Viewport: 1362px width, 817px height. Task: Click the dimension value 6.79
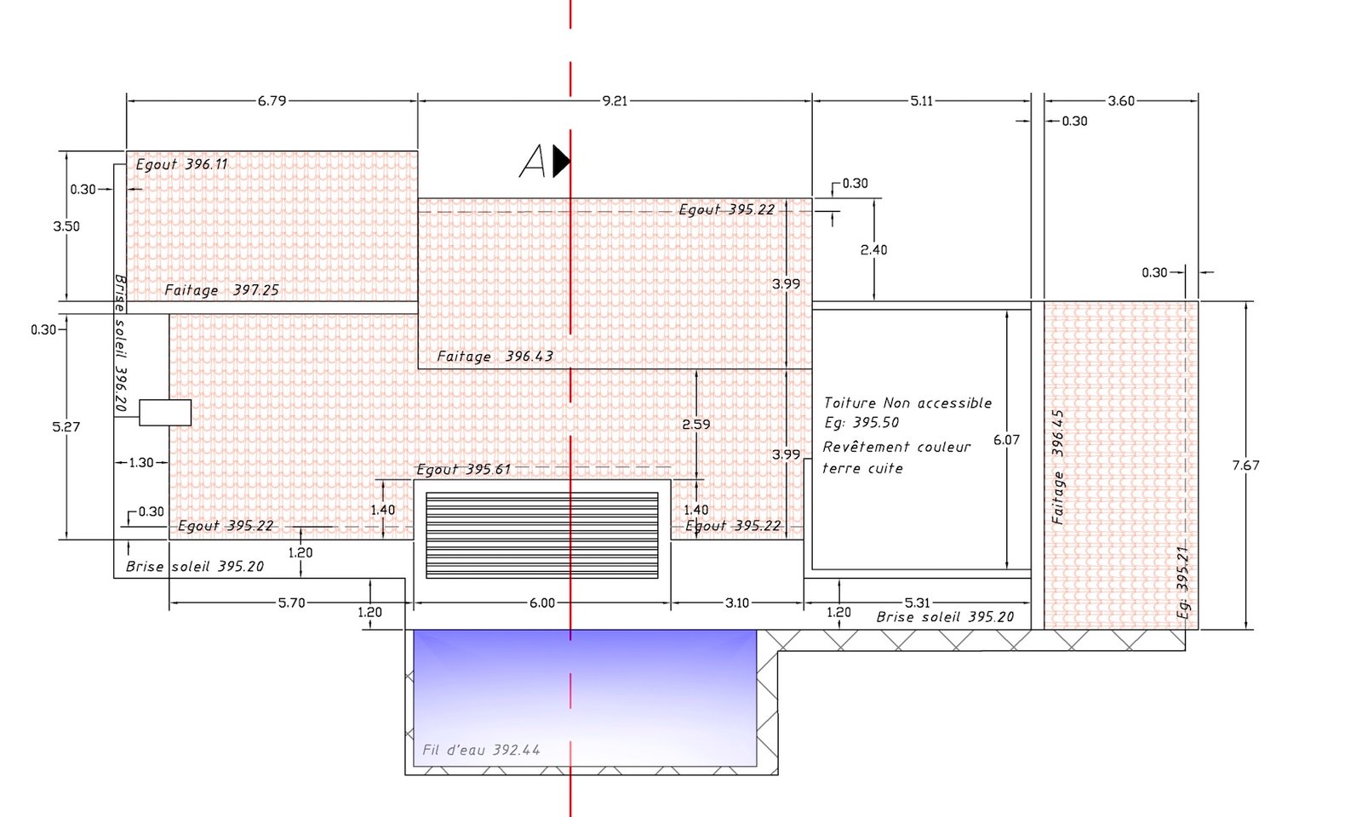pyautogui.click(x=272, y=101)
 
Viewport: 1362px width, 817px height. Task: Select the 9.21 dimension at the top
pyautogui.click(x=615, y=101)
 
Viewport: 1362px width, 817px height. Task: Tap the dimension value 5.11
pyautogui.click(x=921, y=101)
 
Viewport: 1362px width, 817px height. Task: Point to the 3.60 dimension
pyautogui.click(x=1121, y=101)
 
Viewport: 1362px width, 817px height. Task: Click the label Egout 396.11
pyautogui.click(x=181, y=164)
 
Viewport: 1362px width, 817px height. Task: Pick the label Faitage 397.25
pyautogui.click(x=221, y=290)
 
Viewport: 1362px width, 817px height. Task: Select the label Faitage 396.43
pyautogui.click(x=495, y=357)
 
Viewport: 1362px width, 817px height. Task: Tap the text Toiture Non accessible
pyautogui.click(x=907, y=403)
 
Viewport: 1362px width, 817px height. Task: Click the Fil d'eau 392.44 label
pyautogui.click(x=481, y=750)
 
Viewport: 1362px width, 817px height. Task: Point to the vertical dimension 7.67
pyautogui.click(x=1246, y=466)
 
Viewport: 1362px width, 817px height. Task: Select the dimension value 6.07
pyautogui.click(x=1006, y=440)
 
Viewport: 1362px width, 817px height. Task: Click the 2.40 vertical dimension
pyautogui.click(x=873, y=250)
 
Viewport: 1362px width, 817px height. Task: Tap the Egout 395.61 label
pyautogui.click(x=463, y=469)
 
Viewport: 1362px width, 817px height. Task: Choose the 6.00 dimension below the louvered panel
pyautogui.click(x=541, y=603)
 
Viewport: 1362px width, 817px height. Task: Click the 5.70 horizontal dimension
pyautogui.click(x=291, y=603)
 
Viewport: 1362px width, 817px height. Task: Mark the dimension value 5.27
pyautogui.click(x=66, y=426)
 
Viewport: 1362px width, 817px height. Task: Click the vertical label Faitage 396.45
pyautogui.click(x=1058, y=467)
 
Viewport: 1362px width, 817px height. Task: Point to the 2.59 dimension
pyautogui.click(x=695, y=425)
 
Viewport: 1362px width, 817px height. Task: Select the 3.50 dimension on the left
pyautogui.click(x=66, y=226)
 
